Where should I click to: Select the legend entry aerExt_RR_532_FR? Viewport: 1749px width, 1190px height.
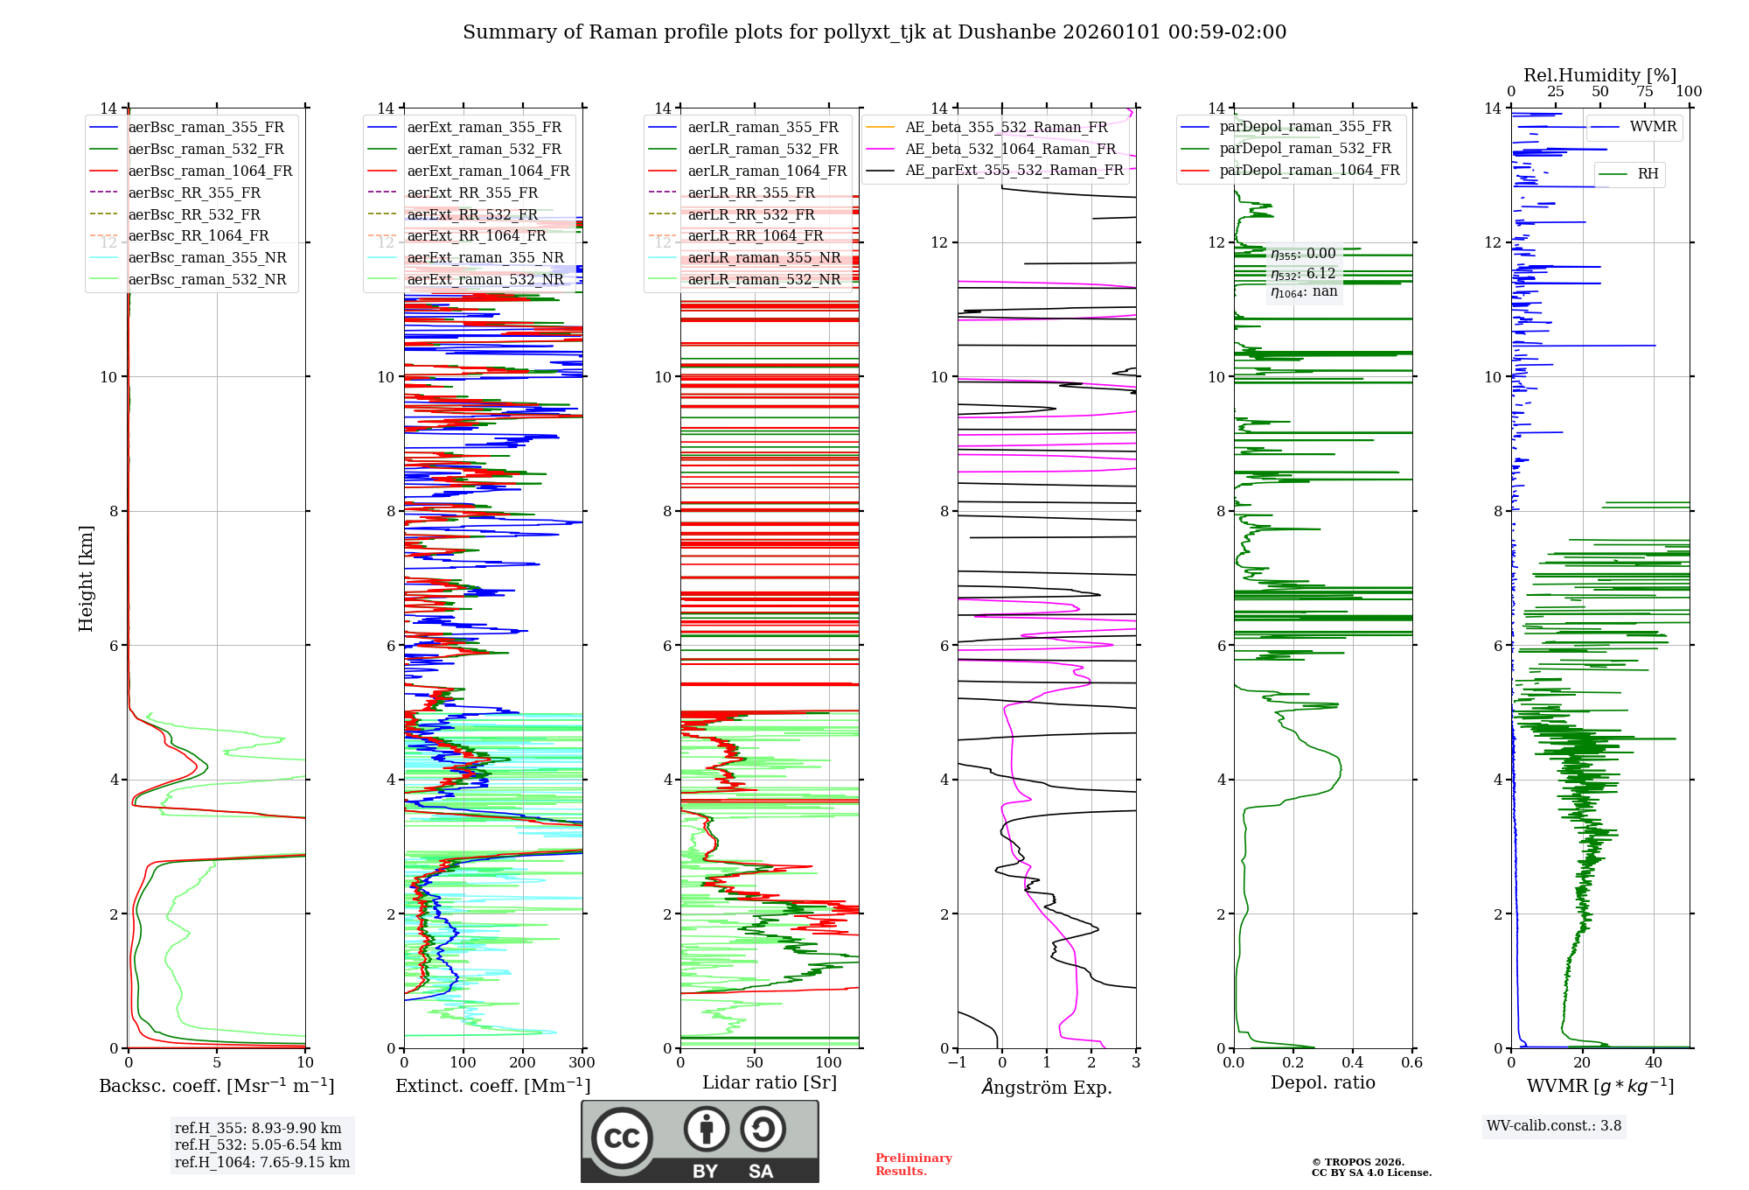[x=472, y=214]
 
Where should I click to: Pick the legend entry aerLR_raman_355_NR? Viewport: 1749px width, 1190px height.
[x=763, y=258]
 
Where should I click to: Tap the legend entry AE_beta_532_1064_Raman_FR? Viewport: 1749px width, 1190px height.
[x=1010, y=150]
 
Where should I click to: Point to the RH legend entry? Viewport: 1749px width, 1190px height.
[x=1648, y=174]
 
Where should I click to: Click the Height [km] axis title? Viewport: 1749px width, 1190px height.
[x=86, y=577]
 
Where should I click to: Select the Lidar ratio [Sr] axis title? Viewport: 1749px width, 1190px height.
[x=770, y=1082]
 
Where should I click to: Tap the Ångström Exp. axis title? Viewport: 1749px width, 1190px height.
[x=1047, y=1087]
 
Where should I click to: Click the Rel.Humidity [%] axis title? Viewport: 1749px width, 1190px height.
[x=1599, y=75]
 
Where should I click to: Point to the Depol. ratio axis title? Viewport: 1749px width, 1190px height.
[x=1322, y=1082]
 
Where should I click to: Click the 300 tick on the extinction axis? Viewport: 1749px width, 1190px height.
[x=582, y=1063]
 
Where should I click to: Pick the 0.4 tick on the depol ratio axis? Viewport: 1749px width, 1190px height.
[x=1352, y=1063]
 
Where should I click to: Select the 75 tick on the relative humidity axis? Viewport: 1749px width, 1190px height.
[x=1644, y=92]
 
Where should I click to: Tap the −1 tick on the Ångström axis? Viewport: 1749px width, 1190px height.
[x=957, y=1063]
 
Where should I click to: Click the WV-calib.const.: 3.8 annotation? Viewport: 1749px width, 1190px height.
[x=1553, y=1126]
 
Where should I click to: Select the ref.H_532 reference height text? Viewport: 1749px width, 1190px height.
[x=258, y=1145]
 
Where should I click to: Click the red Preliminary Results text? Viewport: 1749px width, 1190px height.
[x=913, y=1165]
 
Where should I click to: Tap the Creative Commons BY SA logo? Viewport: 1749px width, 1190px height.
[x=700, y=1141]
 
